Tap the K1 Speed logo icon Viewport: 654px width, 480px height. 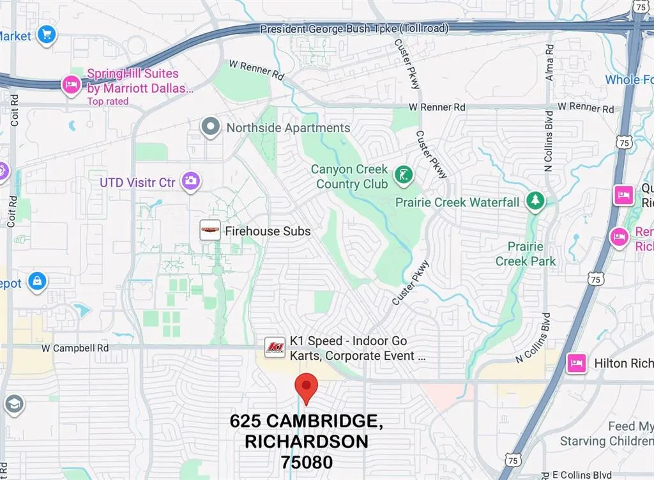(275, 347)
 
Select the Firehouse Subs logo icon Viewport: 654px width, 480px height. (210, 231)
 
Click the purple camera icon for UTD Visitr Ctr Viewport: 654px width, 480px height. (190, 182)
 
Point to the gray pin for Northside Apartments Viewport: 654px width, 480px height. (210, 127)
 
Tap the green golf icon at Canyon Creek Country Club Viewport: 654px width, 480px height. (403, 174)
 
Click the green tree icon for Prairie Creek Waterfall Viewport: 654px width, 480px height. (535, 201)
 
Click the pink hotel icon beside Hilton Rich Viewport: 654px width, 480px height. (577, 363)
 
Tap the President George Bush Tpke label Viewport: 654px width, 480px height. (354, 29)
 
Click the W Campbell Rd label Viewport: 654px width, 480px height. (75, 348)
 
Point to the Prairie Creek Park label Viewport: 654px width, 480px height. (526, 254)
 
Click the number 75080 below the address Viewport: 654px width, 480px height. (306, 461)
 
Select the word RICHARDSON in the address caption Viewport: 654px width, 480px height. (306, 442)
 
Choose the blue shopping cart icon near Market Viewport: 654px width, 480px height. (47, 35)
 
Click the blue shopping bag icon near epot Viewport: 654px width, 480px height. (38, 281)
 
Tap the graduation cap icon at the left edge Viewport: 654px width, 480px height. (13, 404)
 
